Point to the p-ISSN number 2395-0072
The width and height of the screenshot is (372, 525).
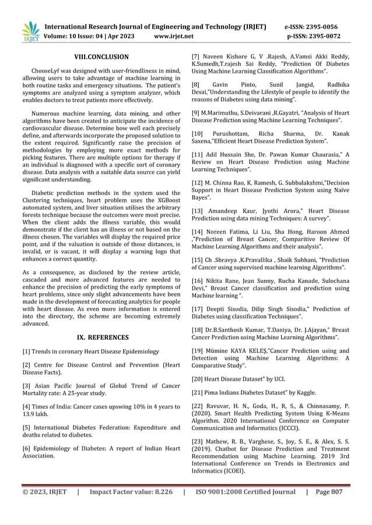pos(328,37)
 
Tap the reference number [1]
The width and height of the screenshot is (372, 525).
pos(26,352)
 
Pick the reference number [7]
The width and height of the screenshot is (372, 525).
pos(197,57)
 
